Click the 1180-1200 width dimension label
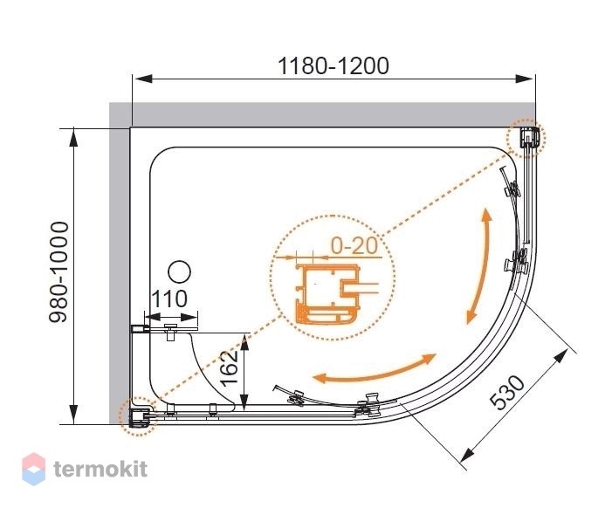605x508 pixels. tap(333, 66)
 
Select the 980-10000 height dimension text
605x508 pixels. tap(58, 272)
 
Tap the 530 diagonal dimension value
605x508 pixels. tap(507, 392)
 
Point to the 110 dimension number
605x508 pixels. tap(169, 299)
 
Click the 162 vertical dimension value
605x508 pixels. tap(229, 368)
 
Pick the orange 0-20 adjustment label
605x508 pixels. tap(354, 245)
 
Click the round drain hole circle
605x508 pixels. tap(180, 272)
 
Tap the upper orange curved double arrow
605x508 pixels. tap(480, 266)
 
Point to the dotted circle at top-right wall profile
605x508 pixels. tap(526, 138)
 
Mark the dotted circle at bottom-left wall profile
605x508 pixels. tap(138, 416)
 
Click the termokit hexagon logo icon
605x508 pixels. tap(33, 469)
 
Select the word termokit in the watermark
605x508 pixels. tap(100, 469)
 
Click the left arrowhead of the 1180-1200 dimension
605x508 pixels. tap(143, 79)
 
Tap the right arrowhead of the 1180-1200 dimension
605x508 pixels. tap(526, 79)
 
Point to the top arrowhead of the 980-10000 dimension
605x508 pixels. tap(73, 138)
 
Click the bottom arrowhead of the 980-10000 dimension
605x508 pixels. tap(73, 415)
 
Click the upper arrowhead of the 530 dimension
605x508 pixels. tap(561, 355)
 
